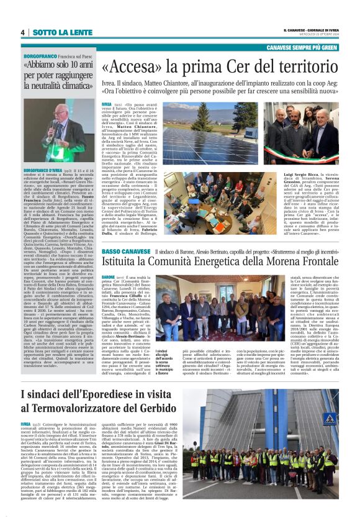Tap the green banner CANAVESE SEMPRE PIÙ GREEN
(302, 47)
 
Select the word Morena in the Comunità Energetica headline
(266, 263)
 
